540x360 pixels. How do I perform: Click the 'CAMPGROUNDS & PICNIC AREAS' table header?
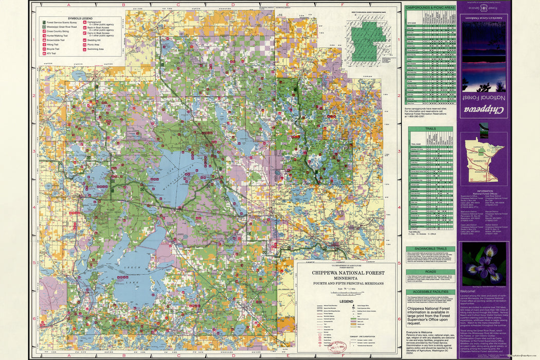click(x=430, y=8)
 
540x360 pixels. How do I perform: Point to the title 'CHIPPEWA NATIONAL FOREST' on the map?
click(x=345, y=273)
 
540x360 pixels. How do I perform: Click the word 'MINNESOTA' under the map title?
click(x=345, y=278)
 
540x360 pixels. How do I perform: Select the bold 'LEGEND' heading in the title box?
click(x=345, y=301)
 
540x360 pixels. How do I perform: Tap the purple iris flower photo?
click(x=483, y=264)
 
